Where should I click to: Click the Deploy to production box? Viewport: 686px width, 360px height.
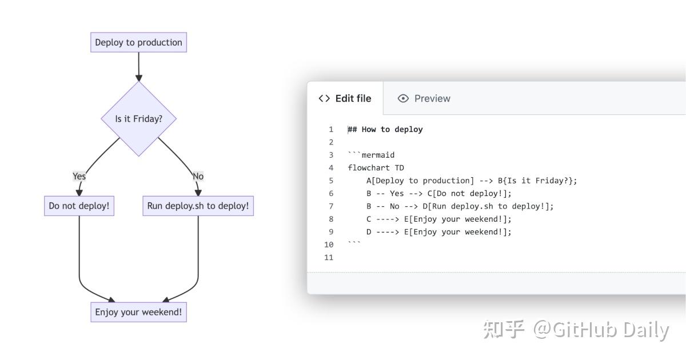coord(138,42)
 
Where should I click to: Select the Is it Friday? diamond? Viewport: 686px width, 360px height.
coord(138,119)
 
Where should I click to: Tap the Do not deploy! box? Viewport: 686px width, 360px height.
coord(79,206)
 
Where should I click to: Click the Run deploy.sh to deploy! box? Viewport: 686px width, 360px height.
coord(198,206)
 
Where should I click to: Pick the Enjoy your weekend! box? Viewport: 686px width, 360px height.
coord(138,312)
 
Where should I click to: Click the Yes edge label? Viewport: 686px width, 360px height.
coord(79,176)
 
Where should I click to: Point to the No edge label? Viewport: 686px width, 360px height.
coord(198,176)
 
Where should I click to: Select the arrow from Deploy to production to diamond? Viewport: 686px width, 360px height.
coord(138,66)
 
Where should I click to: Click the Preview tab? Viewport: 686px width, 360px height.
coord(432,98)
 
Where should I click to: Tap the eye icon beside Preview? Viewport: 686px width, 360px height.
coord(403,98)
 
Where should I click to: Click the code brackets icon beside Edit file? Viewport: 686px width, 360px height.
coord(324,98)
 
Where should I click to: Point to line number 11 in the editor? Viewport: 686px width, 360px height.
coord(328,257)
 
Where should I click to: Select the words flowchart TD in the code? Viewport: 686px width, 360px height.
coord(376,168)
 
